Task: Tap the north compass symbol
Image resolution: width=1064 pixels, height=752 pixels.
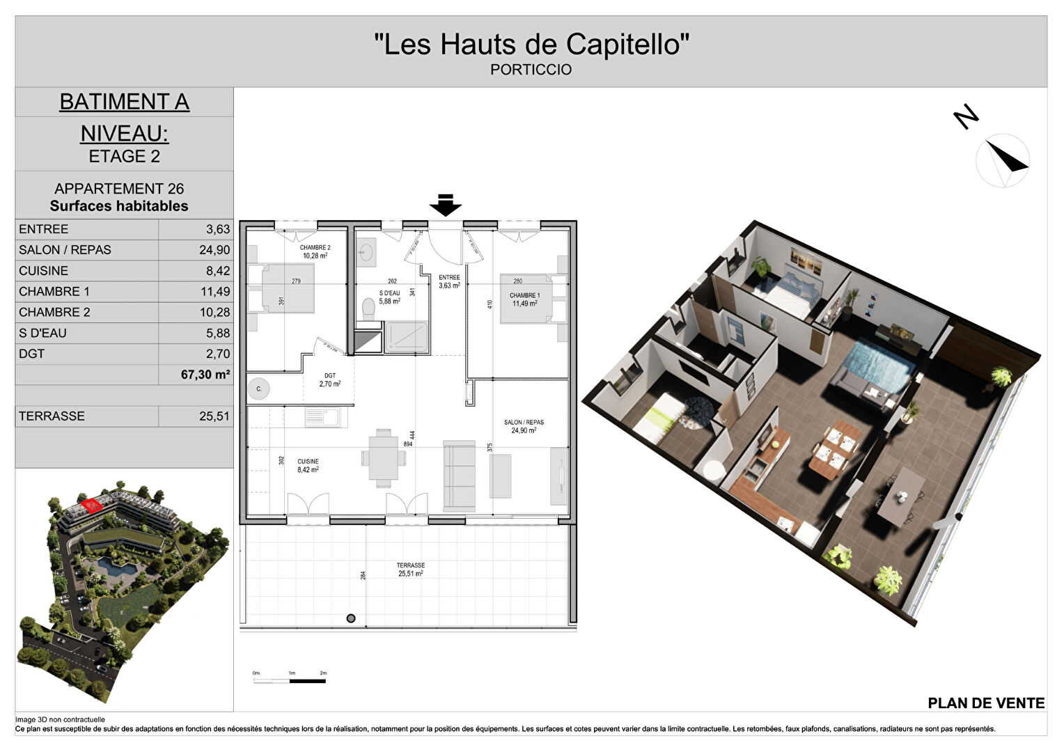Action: [1002, 159]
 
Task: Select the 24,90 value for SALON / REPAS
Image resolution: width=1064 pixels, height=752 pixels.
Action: [214, 250]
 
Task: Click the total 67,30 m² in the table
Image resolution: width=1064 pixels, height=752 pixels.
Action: [205, 375]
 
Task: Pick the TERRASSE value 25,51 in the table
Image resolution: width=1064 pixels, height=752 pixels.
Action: [214, 416]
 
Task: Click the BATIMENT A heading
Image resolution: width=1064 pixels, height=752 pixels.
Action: [124, 102]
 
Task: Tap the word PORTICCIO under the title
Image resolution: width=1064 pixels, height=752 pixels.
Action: [531, 70]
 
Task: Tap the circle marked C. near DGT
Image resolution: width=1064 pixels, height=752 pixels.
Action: [259, 389]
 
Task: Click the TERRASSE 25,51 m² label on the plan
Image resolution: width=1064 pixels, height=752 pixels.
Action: [411, 570]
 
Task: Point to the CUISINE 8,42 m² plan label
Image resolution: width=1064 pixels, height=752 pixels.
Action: [308, 466]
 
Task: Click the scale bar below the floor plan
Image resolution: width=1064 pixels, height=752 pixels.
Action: [290, 680]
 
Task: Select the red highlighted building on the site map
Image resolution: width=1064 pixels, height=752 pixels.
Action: [89, 505]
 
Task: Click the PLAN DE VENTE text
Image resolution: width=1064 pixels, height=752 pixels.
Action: [986, 703]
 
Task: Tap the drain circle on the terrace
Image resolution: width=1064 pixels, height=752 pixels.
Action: [351, 618]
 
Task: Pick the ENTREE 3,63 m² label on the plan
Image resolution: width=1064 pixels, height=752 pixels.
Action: [449, 281]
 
